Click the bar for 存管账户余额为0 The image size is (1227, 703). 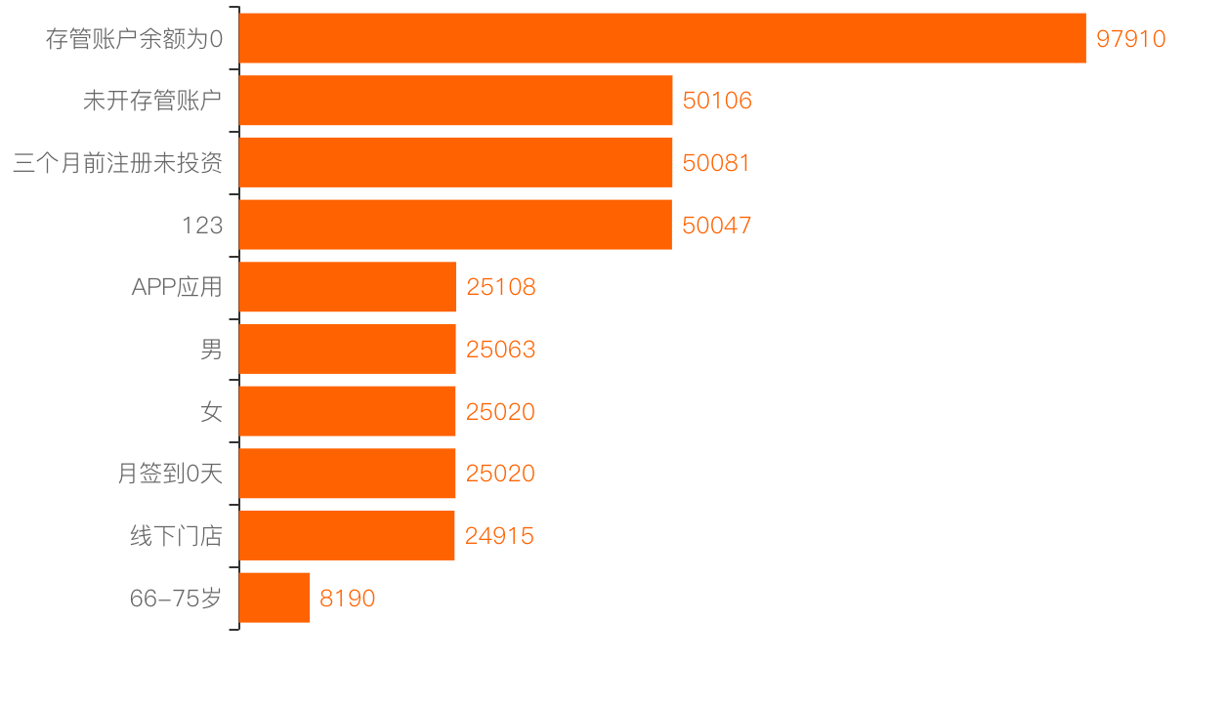click(662, 38)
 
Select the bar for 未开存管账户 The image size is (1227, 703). click(455, 101)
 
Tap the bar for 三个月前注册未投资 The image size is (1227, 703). click(455, 162)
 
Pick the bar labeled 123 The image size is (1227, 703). click(455, 225)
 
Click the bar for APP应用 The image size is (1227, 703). click(347, 287)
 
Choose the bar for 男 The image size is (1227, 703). click(347, 349)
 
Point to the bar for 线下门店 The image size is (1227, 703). click(347, 535)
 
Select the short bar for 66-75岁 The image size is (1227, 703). click(275, 598)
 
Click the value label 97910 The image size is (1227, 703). click(1130, 39)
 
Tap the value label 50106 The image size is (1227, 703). click(717, 101)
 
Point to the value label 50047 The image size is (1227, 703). click(717, 226)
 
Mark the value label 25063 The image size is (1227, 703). click(500, 350)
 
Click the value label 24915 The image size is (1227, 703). click(499, 536)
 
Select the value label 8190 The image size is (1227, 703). click(347, 599)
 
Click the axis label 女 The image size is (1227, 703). click(211, 412)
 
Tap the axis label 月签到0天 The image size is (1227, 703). click(170, 475)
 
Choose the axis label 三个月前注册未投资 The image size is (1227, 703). click(117, 163)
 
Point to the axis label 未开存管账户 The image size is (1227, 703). click(152, 101)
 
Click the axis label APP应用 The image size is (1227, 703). click(177, 287)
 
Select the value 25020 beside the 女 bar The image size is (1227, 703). click(500, 412)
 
